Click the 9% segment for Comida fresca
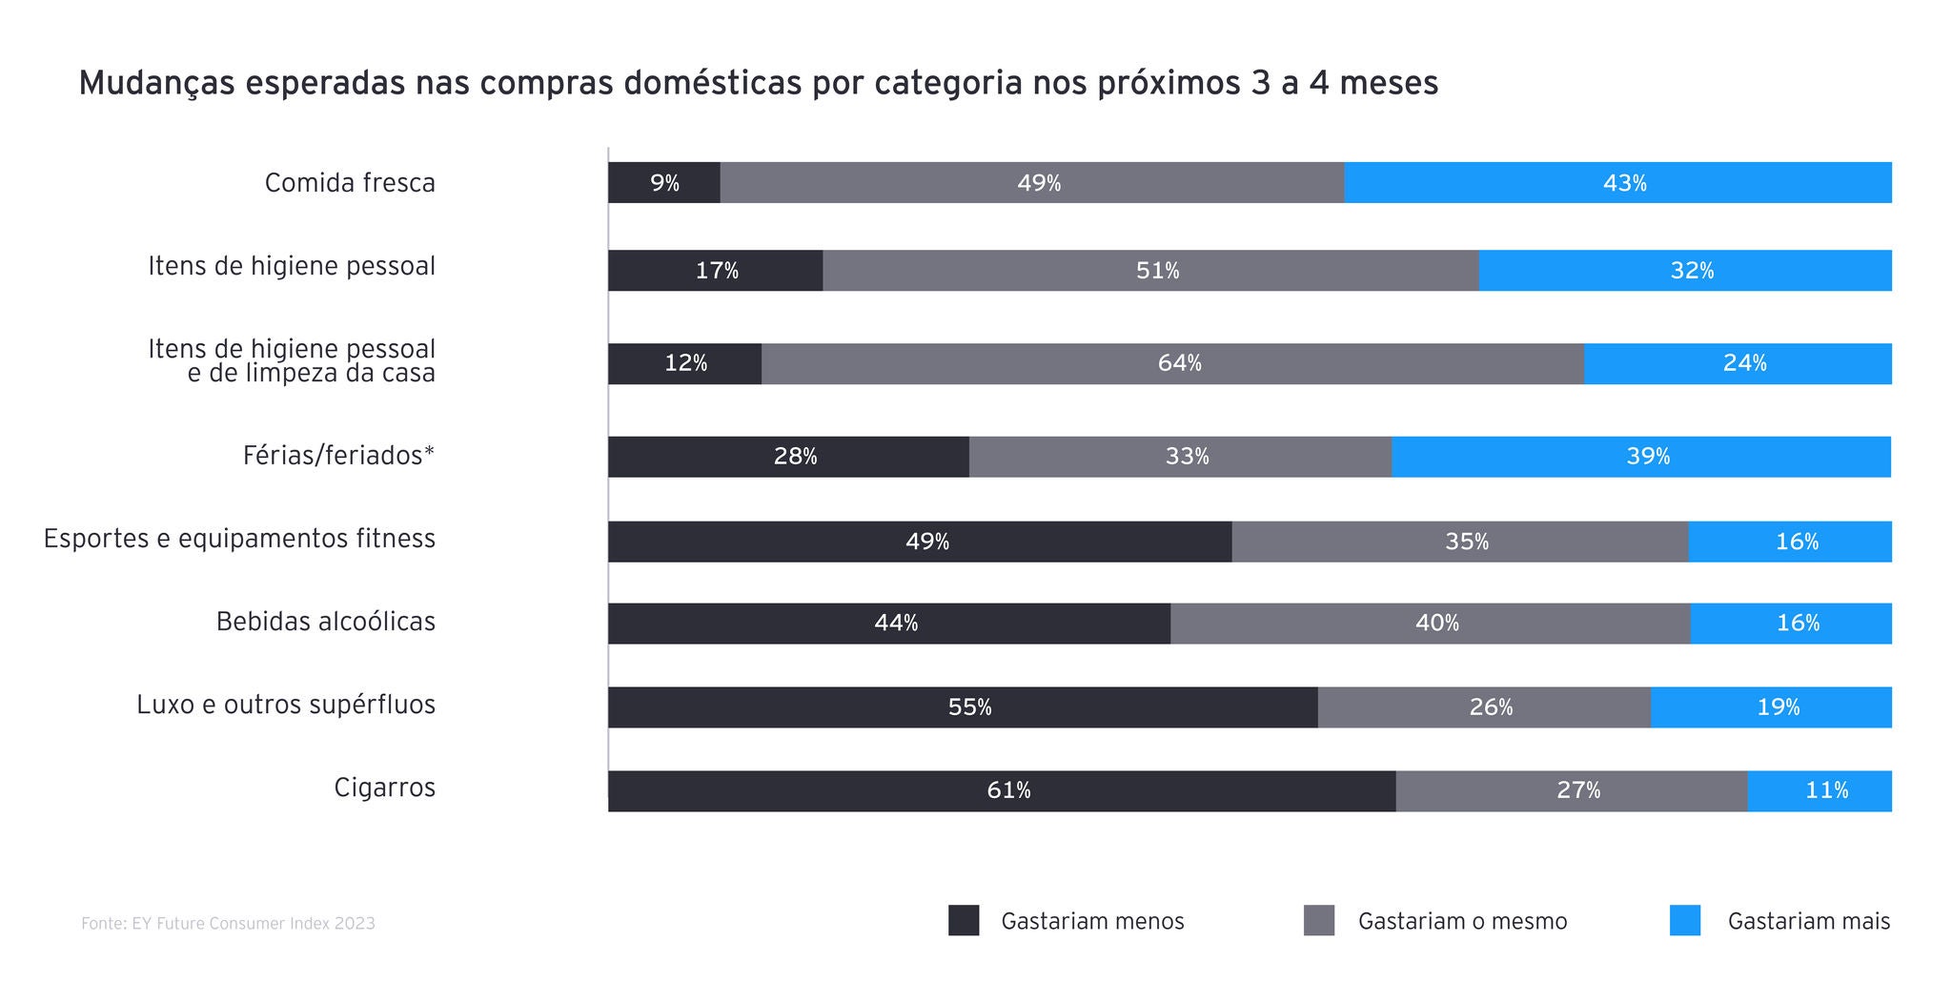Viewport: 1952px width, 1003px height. pyautogui.click(x=664, y=183)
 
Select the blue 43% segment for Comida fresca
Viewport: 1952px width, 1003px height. pyautogui.click(x=1617, y=183)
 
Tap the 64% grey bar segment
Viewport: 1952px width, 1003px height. pyautogui.click(x=1172, y=363)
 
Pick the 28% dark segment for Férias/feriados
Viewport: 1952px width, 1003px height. pyautogui.click(x=788, y=457)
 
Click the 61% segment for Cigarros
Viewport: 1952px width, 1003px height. pyautogui.click(x=1002, y=790)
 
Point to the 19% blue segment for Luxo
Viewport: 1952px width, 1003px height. pyautogui.click(x=1771, y=707)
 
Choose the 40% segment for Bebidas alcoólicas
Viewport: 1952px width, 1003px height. pyautogui.click(x=1430, y=624)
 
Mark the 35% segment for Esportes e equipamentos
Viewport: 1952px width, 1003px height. pyautogui.click(x=1459, y=542)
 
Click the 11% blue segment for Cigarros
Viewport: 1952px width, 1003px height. pyautogui.click(x=1820, y=790)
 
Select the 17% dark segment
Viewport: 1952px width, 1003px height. pyautogui.click(x=715, y=271)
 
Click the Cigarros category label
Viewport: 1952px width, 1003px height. pyautogui.click(x=384, y=788)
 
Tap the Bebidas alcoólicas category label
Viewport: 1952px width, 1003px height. pyautogui.click(x=325, y=622)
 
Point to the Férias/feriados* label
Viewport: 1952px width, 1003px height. pyautogui.click(x=338, y=456)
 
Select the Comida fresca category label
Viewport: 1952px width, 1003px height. pyautogui.click(x=350, y=183)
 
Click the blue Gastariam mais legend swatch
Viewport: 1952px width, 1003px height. pyautogui.click(x=1684, y=921)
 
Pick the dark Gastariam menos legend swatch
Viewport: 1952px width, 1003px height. pyautogui.click(x=964, y=921)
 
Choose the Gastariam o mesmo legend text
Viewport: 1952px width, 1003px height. pyautogui.click(x=1462, y=922)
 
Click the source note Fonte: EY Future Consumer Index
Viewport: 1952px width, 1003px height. pyautogui.click(x=228, y=924)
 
